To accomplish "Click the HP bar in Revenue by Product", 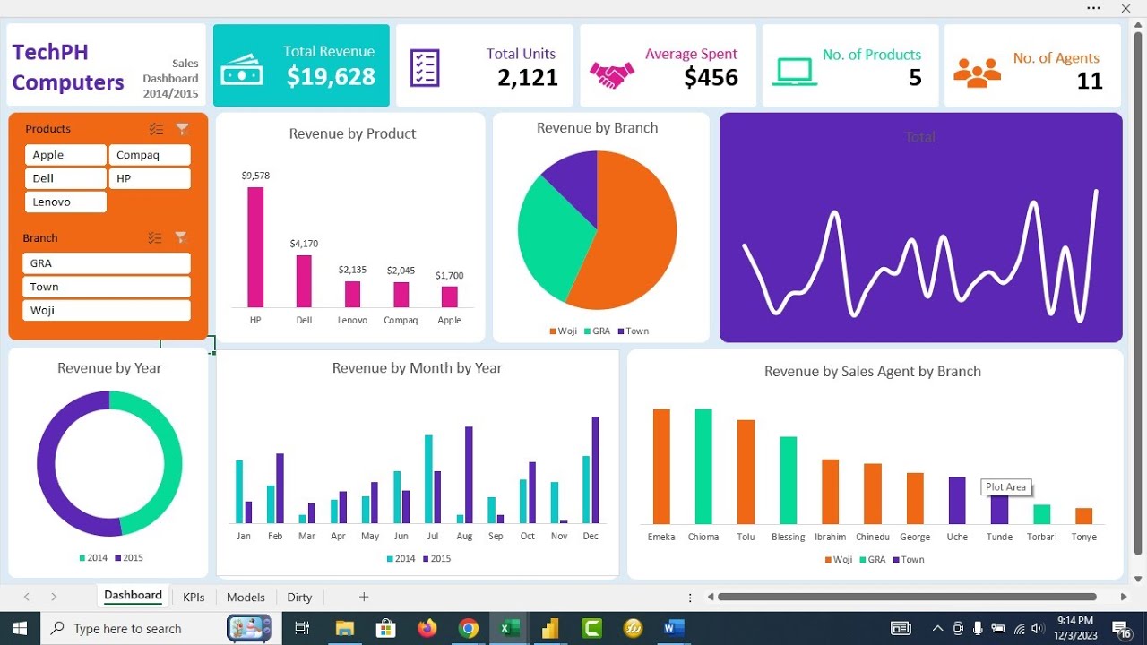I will coord(255,247).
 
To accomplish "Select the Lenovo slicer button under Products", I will coord(65,202).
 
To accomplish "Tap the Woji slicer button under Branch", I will coord(106,310).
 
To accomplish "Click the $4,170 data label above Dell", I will coord(304,244).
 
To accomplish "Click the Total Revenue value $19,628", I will coord(331,77).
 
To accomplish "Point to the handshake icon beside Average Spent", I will coord(611,73).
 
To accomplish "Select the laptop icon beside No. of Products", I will coord(795,72).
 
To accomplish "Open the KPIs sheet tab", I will coord(194,598).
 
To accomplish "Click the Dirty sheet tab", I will coord(299,598).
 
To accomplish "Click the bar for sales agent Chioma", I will coord(703,466).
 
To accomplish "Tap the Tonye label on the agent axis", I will coord(1083,537).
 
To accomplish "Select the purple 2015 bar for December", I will coord(595,469).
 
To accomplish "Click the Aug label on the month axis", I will coord(464,537).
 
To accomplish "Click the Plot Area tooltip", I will coord(1005,487).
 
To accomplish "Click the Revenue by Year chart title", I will coord(109,368).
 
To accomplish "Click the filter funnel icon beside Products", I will coord(182,129).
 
